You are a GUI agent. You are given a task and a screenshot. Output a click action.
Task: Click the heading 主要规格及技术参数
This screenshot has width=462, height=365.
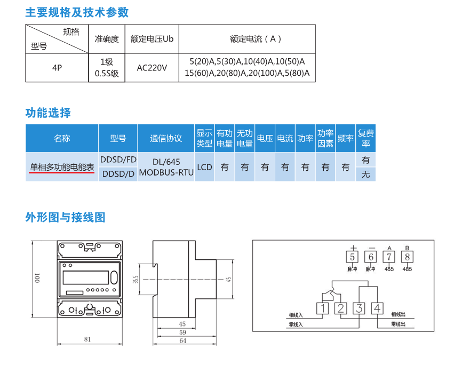pos(77,12)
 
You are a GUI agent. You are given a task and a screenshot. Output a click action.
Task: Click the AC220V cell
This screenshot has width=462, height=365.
pos(152,68)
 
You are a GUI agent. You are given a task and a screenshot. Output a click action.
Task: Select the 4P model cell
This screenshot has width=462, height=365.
pos(57,68)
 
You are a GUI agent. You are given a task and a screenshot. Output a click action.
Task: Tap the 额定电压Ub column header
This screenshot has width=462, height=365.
pos(152,39)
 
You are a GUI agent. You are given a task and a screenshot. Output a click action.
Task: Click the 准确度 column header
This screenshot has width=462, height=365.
pos(107,39)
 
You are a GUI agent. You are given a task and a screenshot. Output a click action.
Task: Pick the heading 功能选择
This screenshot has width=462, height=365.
pos(48,113)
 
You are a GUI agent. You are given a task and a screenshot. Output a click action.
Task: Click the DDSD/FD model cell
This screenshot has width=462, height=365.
pos(118,160)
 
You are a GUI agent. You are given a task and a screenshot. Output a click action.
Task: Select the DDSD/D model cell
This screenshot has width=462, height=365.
pos(118,174)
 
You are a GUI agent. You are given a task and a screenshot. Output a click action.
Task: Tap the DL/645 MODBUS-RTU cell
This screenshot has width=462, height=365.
pos(166,166)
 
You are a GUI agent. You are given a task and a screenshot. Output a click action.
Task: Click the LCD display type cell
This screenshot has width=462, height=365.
pos(204,167)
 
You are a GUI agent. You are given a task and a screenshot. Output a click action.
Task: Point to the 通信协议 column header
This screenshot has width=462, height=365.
pos(166,139)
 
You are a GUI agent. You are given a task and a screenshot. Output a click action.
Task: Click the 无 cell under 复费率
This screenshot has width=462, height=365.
pos(365,174)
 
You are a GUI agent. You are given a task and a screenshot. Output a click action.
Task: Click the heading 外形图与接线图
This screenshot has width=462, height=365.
pos(65,217)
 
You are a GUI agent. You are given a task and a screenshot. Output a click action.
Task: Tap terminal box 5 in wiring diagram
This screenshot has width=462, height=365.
pos(352,257)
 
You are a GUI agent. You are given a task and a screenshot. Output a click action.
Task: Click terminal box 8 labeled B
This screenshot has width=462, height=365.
pos(407,257)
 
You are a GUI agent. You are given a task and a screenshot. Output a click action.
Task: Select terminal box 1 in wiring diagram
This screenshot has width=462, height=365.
pos(323,308)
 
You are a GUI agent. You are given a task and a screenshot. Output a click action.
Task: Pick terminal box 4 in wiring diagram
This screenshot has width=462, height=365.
pos(377,308)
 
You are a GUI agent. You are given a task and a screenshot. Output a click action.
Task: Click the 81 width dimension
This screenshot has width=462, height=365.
pos(87,339)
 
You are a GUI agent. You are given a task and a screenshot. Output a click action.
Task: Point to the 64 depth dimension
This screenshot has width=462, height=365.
pos(182,340)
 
